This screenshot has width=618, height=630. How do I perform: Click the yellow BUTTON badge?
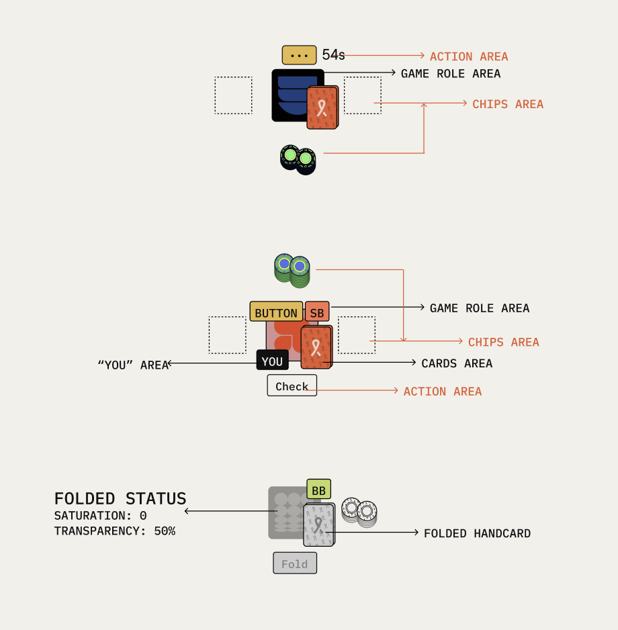click(x=276, y=312)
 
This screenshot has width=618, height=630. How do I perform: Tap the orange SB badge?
click(x=317, y=312)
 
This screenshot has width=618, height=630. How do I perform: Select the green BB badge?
click(x=318, y=490)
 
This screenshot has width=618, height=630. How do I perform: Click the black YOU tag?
click(x=272, y=361)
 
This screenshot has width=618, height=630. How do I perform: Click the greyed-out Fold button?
click(x=294, y=564)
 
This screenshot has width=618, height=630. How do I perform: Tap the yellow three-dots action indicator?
click(x=299, y=55)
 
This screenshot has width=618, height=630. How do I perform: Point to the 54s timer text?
click(x=333, y=55)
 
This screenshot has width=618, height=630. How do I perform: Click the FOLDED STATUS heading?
click(x=120, y=498)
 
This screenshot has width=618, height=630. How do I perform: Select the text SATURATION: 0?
click(x=100, y=516)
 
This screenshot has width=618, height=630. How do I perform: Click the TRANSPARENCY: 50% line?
click(x=114, y=531)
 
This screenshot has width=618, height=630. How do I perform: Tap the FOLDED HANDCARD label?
click(x=477, y=533)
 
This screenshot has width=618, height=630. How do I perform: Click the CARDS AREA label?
click(x=457, y=363)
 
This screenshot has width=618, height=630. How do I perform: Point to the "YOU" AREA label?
click(x=133, y=365)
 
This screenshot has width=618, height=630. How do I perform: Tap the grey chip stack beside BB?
click(x=359, y=512)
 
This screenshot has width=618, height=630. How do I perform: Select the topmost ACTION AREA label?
click(x=469, y=56)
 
